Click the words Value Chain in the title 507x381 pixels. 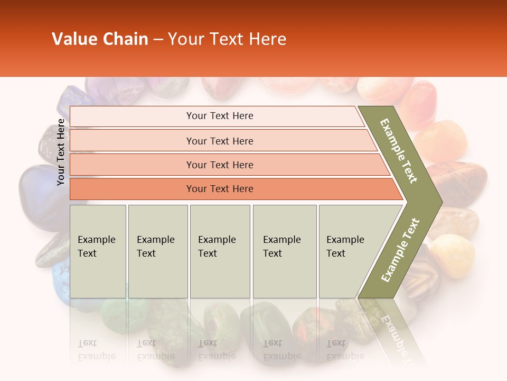tap(100, 39)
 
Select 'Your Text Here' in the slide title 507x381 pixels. tap(227, 39)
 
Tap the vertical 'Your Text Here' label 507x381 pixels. tap(61, 152)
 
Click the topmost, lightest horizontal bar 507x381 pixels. tap(219, 116)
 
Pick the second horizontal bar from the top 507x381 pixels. tap(219, 141)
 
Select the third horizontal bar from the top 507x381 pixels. tap(219, 165)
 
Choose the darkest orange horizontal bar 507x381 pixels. tap(219, 189)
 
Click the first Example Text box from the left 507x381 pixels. tap(98, 251)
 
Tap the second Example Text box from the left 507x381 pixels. tap(157, 251)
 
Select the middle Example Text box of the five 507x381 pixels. tap(220, 251)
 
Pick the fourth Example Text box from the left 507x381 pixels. tap(284, 251)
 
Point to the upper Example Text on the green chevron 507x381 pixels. tap(399, 151)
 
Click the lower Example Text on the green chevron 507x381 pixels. tap(400, 250)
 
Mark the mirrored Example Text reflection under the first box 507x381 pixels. tap(97, 350)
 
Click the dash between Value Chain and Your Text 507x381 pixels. tap(158, 39)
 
